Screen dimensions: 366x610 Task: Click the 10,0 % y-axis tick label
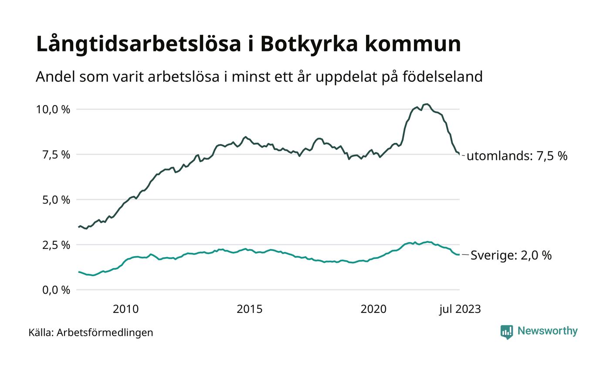[x=53, y=109]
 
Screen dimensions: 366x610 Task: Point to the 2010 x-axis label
[x=125, y=309]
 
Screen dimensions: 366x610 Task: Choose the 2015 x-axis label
[x=250, y=309]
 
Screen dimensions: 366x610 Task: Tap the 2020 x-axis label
[x=373, y=309]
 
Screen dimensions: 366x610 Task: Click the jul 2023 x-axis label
[x=460, y=309]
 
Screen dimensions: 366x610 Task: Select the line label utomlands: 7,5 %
[x=517, y=156]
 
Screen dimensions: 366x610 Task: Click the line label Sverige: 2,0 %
[x=511, y=255]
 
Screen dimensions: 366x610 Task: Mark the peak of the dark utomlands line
[x=427, y=104]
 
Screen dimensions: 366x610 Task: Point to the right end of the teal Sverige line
[x=459, y=254]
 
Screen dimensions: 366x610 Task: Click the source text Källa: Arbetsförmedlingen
[x=91, y=333]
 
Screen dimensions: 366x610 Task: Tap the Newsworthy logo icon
[x=507, y=332]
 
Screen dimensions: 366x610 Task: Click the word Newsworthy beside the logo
[x=547, y=331]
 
